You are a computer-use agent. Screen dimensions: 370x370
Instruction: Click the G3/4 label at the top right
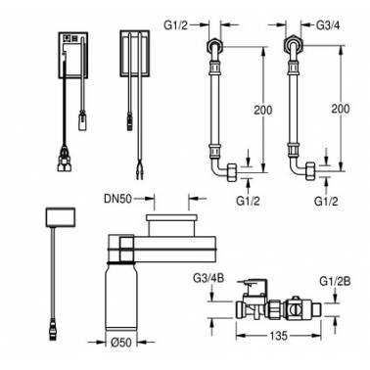328,25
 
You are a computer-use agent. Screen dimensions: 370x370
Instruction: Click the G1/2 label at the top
176,24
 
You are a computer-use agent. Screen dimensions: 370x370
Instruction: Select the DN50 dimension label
118,199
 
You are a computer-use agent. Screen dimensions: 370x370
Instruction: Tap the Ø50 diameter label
121,343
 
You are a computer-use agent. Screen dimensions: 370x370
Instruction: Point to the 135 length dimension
279,336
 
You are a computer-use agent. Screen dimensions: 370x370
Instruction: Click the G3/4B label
208,278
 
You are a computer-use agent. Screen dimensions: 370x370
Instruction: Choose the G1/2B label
335,281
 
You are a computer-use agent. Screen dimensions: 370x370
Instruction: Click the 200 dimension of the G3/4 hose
341,109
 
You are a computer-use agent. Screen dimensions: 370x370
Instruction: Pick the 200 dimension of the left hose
263,110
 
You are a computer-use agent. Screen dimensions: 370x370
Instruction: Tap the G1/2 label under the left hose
248,201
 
